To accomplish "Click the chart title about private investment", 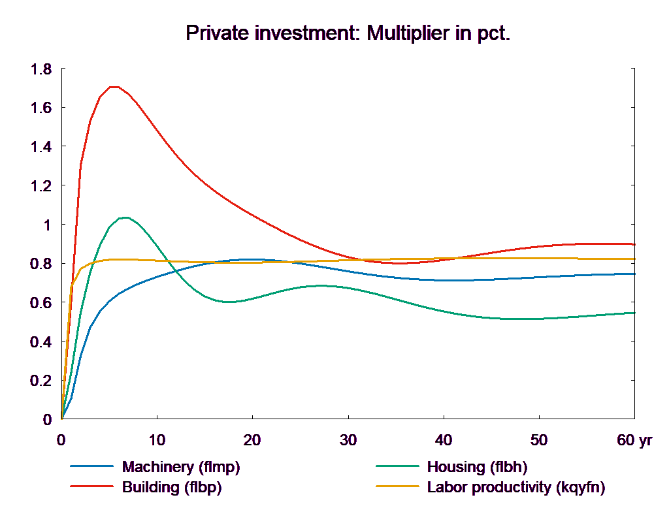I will click(x=348, y=33).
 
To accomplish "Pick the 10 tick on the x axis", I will click(x=157, y=441).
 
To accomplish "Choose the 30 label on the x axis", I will click(x=348, y=441).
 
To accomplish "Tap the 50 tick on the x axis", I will click(x=538, y=441).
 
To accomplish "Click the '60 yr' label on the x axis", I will click(x=634, y=441).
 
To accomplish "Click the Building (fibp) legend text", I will click(x=172, y=487).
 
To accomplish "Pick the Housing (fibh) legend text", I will click(x=477, y=467).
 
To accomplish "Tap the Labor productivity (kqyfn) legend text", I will click(x=516, y=487).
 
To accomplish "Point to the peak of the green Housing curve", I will click(x=124, y=217).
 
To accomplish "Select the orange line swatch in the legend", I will click(x=397, y=487).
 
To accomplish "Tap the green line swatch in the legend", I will click(x=397, y=467).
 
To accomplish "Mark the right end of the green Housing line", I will click(x=635, y=313).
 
